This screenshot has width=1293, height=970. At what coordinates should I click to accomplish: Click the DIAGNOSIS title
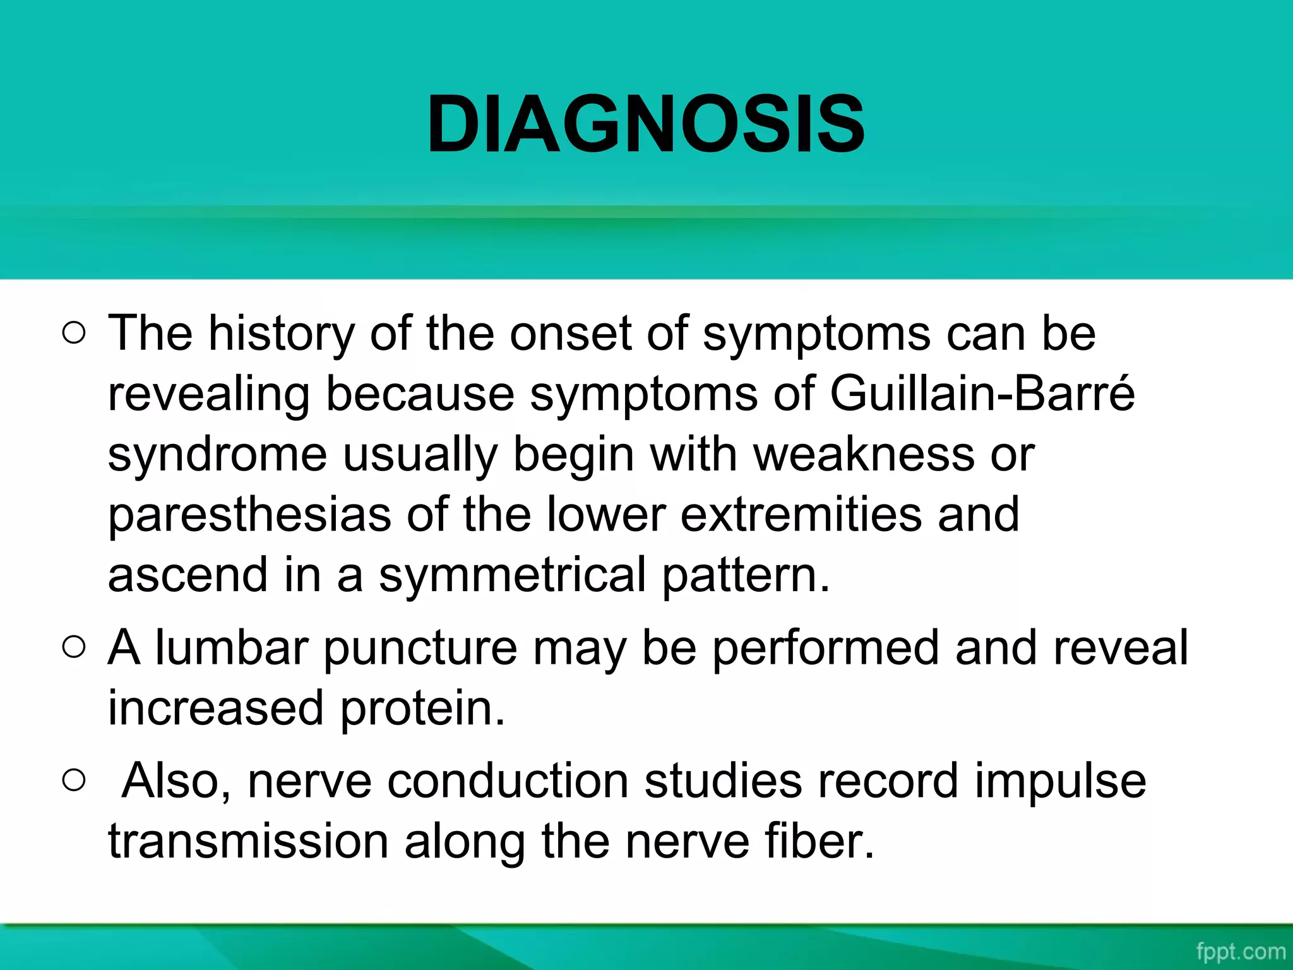[x=645, y=124]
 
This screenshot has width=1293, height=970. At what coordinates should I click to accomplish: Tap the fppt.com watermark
[x=1240, y=951]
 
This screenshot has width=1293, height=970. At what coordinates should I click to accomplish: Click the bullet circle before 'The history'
[x=74, y=333]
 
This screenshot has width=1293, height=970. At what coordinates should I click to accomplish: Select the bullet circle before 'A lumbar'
[x=74, y=647]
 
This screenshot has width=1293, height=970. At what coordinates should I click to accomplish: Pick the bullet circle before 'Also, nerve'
[x=74, y=781]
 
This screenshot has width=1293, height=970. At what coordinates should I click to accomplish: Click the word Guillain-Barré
[x=982, y=393]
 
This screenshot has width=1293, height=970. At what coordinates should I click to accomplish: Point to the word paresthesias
[x=249, y=515]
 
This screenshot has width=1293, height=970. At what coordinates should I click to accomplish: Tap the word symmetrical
[x=512, y=575]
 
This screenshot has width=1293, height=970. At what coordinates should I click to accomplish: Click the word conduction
[x=508, y=781]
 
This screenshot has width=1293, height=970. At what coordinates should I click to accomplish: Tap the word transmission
[x=248, y=841]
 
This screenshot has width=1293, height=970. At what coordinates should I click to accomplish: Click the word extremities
[x=801, y=515]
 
